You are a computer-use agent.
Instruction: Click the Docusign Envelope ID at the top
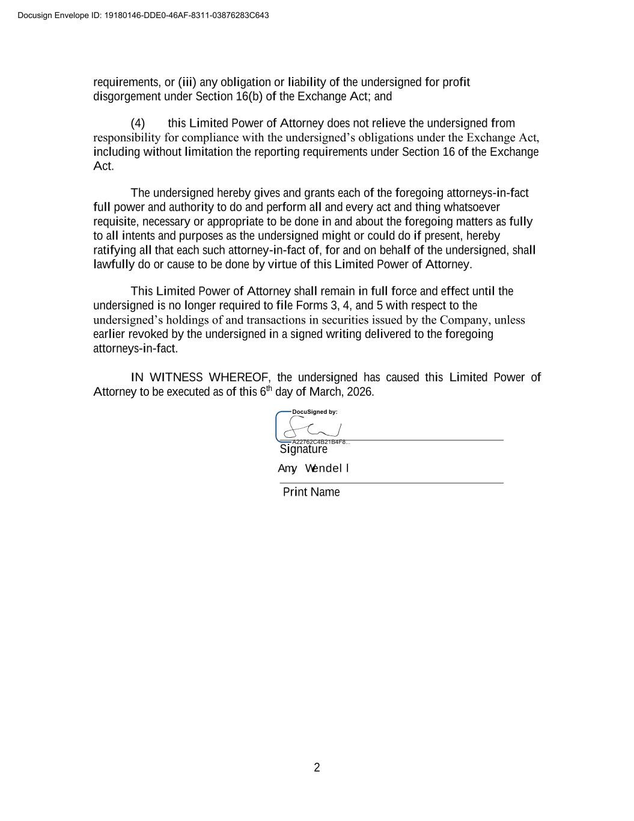(x=143, y=15)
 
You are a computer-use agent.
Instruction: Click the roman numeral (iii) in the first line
(x=187, y=82)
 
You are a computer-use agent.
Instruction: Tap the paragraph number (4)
(x=138, y=123)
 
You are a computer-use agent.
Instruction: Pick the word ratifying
(x=114, y=250)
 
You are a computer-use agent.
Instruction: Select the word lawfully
(x=114, y=265)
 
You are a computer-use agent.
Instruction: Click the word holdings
(x=185, y=320)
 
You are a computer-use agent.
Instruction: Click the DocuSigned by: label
(x=314, y=412)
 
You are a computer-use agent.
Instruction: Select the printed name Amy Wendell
(x=313, y=469)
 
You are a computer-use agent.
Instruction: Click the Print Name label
(x=311, y=492)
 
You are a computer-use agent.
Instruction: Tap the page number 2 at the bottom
(x=317, y=767)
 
